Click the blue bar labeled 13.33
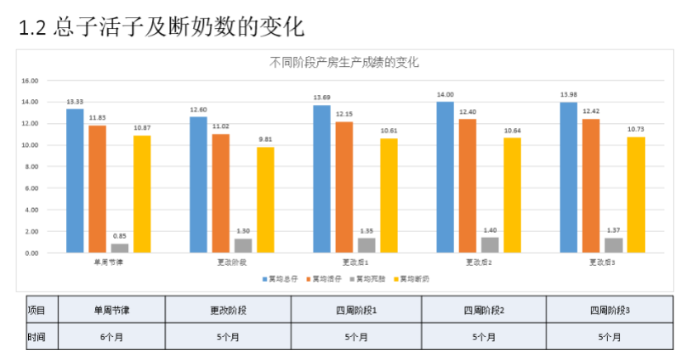pos(75,180)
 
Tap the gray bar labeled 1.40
pos(490,244)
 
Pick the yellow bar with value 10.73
pos(636,194)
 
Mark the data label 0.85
pos(120,235)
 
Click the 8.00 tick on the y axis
pos(31,167)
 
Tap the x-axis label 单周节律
pos(109,263)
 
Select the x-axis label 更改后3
pos(602,263)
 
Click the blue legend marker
pos(264,279)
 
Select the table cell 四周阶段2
pos(484,310)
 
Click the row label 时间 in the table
pos(36,337)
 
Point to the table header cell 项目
pos(36,310)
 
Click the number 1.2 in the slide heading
pos(31,27)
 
